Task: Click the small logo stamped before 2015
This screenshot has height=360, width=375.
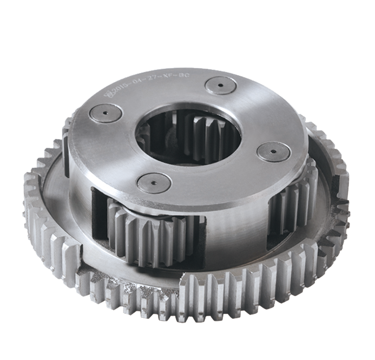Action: coord(107,94)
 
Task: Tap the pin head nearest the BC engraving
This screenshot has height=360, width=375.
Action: coord(221,84)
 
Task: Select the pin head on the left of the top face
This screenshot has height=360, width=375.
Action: coord(104,113)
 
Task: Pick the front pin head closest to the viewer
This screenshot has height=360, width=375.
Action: coord(154,183)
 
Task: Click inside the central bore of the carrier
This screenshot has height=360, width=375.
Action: coord(187,135)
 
